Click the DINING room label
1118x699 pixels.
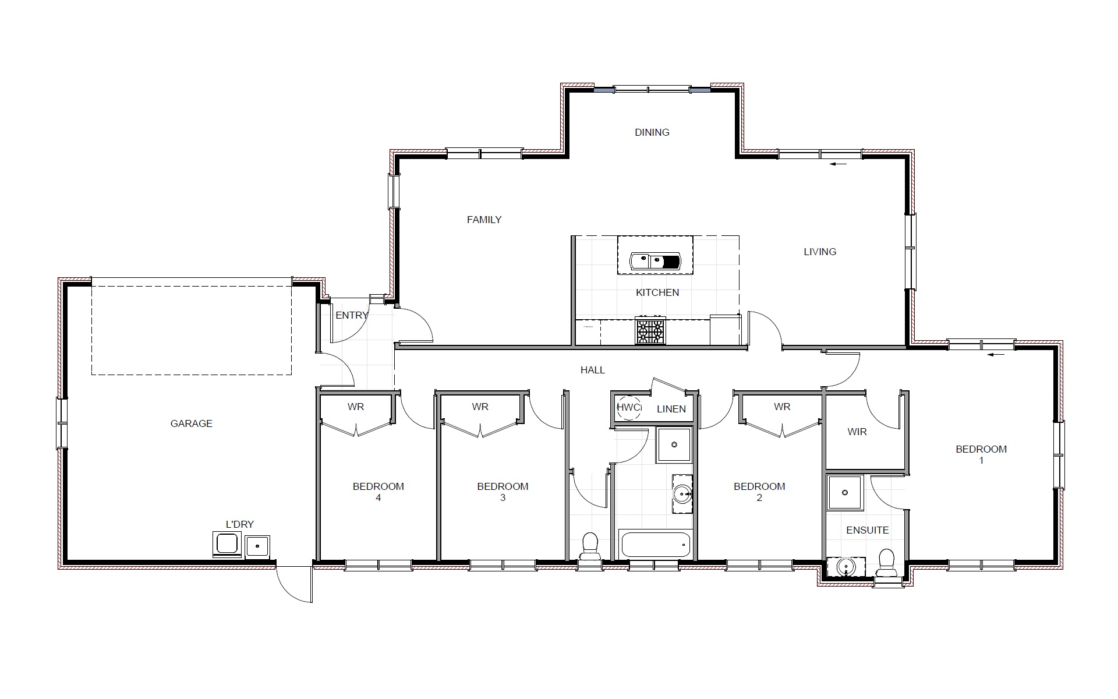pyautogui.click(x=652, y=132)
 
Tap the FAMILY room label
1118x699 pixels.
pyautogui.click(x=484, y=220)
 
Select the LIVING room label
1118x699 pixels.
pyautogui.click(x=820, y=252)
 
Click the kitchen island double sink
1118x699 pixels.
pyautogui.click(x=655, y=262)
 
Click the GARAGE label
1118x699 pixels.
pyautogui.click(x=191, y=423)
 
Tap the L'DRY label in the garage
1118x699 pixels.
pyautogui.click(x=240, y=524)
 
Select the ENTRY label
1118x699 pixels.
pyautogui.click(x=352, y=315)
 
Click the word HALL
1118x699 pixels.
pyautogui.click(x=593, y=370)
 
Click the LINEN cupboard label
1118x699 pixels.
pyautogui.click(x=671, y=409)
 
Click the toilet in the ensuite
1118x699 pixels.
pyautogui.click(x=886, y=563)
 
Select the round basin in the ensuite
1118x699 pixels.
pyautogui.click(x=845, y=566)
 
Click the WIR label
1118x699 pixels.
pyautogui.click(x=857, y=432)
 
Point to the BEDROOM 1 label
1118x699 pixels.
pyautogui.click(x=981, y=454)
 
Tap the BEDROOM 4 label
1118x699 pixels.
pyautogui.click(x=378, y=492)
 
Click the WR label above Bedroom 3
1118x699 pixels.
pyautogui.click(x=480, y=407)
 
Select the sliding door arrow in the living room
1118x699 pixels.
pyautogui.click(x=838, y=165)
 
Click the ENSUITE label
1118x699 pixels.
pyautogui.click(x=867, y=530)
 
